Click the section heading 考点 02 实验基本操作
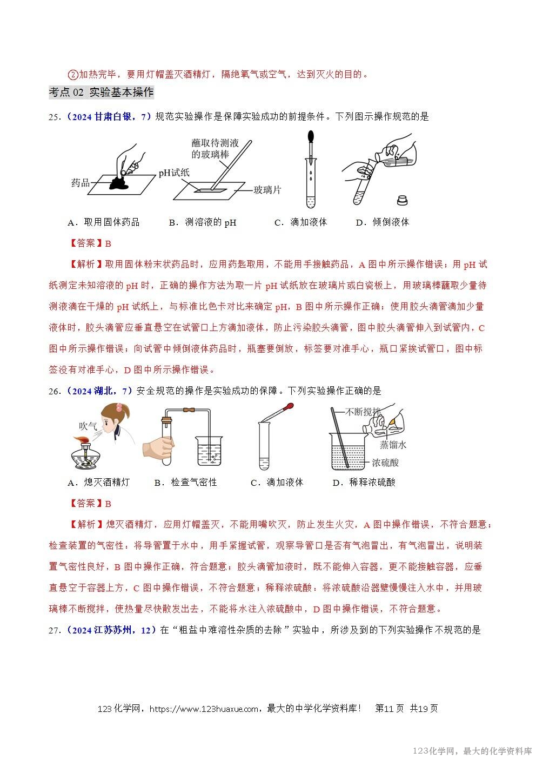(x=101, y=93)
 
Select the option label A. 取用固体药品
(x=104, y=222)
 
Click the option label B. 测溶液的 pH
(x=203, y=222)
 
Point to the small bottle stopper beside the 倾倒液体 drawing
(x=402, y=200)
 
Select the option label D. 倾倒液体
(x=383, y=222)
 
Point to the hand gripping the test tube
(x=157, y=448)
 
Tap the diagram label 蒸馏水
(x=393, y=445)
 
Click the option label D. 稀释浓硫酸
(x=364, y=483)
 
